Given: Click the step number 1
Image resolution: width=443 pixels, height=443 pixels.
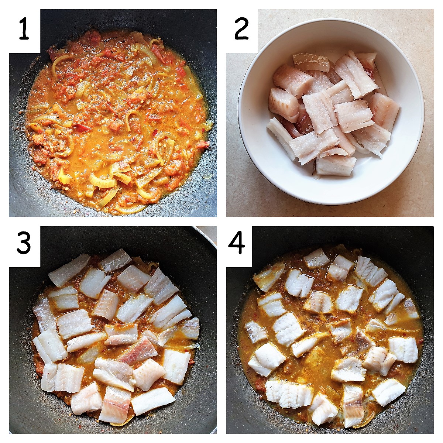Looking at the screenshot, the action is [x=24, y=29].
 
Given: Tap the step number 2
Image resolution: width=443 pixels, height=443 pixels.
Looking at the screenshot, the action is [x=241, y=29].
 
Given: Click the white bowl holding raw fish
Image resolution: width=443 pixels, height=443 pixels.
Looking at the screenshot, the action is [x=331, y=111].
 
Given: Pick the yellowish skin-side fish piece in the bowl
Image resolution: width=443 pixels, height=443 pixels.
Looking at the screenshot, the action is [x=311, y=62].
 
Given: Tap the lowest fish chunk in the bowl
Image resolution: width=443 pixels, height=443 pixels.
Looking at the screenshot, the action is [x=336, y=165].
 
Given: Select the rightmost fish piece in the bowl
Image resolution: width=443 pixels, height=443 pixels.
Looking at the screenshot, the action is [x=384, y=111].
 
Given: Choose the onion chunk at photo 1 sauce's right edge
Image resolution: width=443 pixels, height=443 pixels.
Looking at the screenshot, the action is [x=209, y=124].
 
